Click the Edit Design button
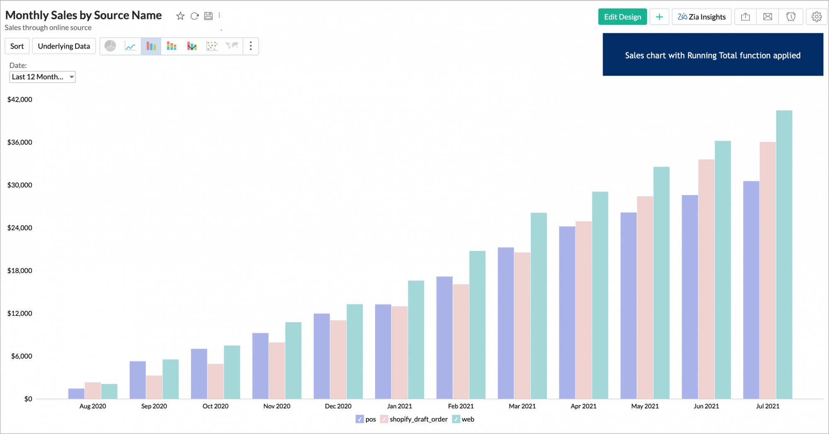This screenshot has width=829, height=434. [622, 17]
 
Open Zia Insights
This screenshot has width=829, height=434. [701, 17]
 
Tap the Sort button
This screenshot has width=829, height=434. [17, 46]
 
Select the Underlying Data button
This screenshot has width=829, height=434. [64, 46]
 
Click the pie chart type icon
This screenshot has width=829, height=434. [110, 46]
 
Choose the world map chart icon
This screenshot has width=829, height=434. [232, 46]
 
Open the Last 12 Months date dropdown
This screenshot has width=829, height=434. [42, 77]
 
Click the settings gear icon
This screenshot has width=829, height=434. [816, 17]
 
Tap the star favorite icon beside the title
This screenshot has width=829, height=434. [180, 16]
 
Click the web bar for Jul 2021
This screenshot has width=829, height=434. [784, 255]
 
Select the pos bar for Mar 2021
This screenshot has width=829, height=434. [506, 323]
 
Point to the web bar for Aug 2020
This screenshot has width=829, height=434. [109, 391]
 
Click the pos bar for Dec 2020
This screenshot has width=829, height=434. [322, 356]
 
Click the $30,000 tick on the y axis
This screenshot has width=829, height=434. [20, 185]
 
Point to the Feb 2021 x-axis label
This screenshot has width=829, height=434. [461, 406]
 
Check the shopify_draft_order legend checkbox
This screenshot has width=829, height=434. [384, 419]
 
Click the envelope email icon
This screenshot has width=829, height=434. [768, 17]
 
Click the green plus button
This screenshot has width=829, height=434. [659, 17]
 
